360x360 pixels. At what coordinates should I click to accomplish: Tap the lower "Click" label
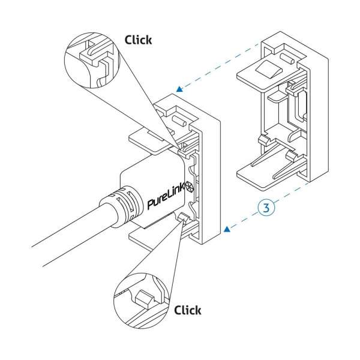[x=187, y=310]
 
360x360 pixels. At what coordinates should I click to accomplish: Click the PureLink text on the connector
[x=166, y=196]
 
